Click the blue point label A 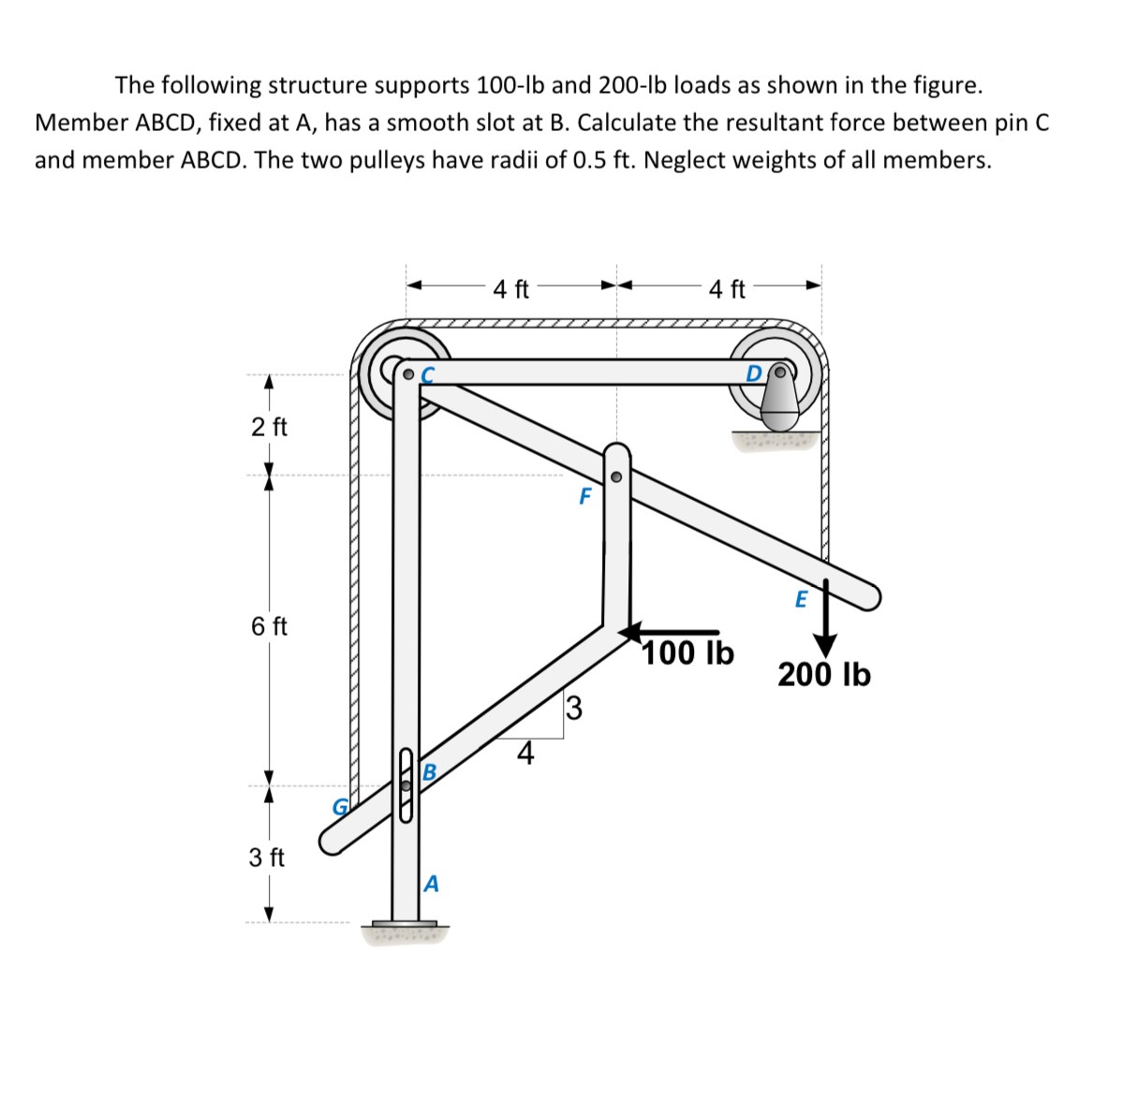431,883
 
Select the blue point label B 430,772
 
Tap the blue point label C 429,374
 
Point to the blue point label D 755,374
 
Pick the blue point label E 801,599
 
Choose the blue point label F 585,496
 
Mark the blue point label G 341,806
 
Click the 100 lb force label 688,652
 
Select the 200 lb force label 824,674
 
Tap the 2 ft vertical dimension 270,427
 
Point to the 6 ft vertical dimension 270,626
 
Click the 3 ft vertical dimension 268,857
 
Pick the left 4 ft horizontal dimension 511,289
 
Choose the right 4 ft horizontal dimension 727,289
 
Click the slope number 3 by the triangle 574,709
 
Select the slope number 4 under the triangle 525,754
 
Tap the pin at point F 615,476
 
